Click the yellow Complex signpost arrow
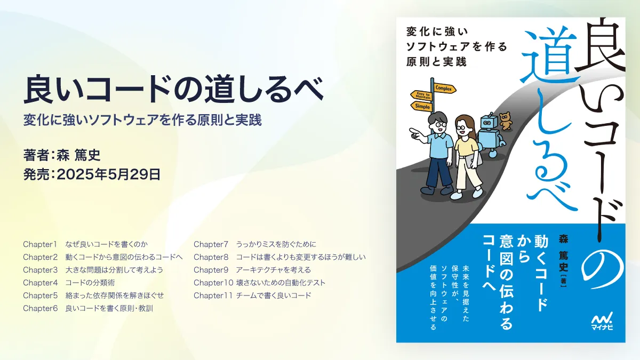click(x=445, y=89)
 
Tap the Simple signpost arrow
click(x=421, y=106)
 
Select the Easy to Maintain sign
click(x=421, y=95)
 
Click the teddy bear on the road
click(x=506, y=122)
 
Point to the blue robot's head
click(x=487, y=122)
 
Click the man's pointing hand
click(x=415, y=134)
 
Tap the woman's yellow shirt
click(x=466, y=147)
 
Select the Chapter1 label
click(x=40, y=244)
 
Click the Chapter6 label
click(x=41, y=308)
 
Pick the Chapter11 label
click(x=213, y=295)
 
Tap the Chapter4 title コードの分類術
click(x=90, y=283)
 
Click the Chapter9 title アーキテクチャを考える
click(x=274, y=270)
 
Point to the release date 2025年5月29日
click(x=109, y=174)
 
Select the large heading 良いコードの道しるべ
click(x=173, y=89)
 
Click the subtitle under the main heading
click(x=142, y=120)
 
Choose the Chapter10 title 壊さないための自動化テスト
click(x=281, y=283)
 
